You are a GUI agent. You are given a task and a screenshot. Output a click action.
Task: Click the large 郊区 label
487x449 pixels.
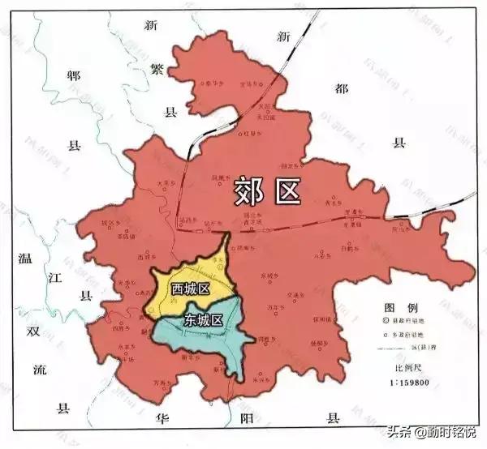coord(267,190)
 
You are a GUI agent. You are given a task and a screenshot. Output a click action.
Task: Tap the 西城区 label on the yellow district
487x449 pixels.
coord(190,289)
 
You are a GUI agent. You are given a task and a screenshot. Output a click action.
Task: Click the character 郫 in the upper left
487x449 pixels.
coord(75,75)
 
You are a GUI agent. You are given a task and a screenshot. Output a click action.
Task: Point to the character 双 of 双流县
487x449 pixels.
coord(32,331)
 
